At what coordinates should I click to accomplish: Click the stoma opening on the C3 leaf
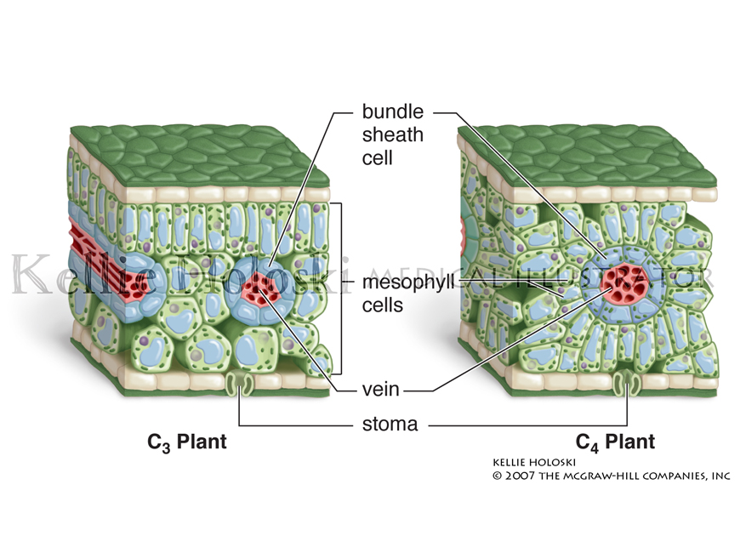243,385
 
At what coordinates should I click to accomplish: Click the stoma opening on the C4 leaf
629,385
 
